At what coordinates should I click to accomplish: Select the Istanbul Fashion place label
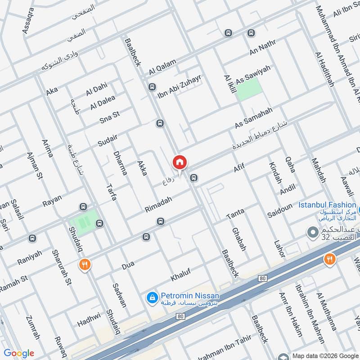click(x=327, y=205)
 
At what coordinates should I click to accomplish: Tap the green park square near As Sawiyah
click(x=248, y=89)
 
